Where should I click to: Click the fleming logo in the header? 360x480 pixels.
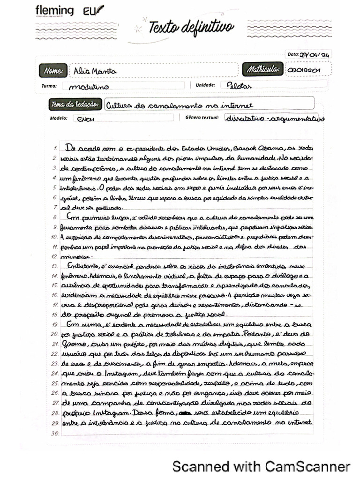pos(54,11)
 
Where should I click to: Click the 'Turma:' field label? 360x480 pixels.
pos(49,86)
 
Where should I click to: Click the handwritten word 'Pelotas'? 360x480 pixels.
pos(239,86)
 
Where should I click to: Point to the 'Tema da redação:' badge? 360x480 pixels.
pos(75,104)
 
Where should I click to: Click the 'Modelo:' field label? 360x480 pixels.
pos(59,118)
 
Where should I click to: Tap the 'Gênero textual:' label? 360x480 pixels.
pos(202,118)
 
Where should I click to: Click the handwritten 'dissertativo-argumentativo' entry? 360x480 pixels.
pos(275,118)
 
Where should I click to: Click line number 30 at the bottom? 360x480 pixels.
pos(54,433)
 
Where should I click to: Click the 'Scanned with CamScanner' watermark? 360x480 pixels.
pos(261,466)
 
